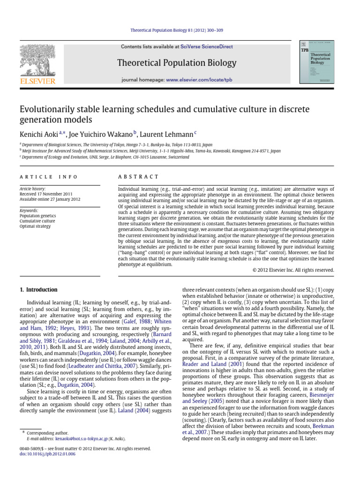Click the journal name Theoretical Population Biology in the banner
177,63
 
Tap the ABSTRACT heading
138,177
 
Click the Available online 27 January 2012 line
50,198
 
